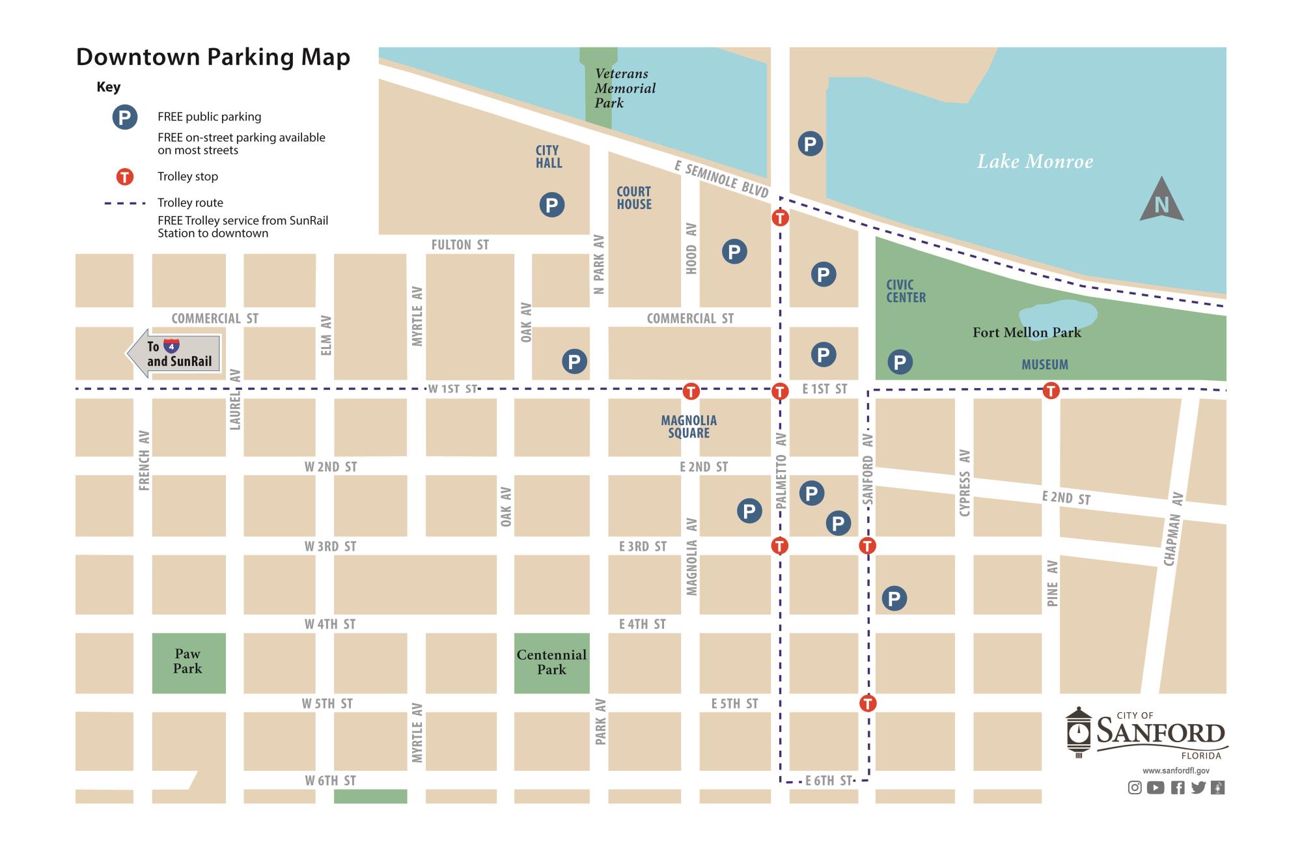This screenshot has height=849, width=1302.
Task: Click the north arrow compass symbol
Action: click(x=1161, y=201)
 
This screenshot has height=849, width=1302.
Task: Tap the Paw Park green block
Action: click(x=189, y=662)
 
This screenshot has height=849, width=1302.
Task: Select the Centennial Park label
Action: click(x=551, y=662)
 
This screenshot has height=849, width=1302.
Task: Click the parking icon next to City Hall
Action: click(x=551, y=205)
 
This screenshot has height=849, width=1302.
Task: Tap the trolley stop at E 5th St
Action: click(x=867, y=703)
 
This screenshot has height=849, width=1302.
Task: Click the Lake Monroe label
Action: click(x=1035, y=161)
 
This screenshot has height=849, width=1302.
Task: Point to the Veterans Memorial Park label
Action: click(x=624, y=89)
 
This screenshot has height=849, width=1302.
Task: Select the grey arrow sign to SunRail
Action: click(x=174, y=354)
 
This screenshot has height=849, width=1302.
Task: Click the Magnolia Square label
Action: click(x=689, y=426)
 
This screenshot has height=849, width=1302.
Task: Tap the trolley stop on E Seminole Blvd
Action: click(x=780, y=217)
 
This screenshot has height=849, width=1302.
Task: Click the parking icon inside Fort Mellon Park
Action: click(x=900, y=362)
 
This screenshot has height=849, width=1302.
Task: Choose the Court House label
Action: click(x=634, y=198)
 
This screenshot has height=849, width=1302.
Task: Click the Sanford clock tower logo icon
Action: click(x=1078, y=732)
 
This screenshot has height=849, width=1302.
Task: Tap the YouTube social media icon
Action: click(x=1156, y=788)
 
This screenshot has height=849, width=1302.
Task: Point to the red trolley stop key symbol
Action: click(x=124, y=176)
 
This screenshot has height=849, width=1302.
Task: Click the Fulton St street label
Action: click(x=460, y=245)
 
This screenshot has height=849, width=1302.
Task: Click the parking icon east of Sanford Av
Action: click(x=894, y=598)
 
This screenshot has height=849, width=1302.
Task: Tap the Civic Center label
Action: click(x=906, y=291)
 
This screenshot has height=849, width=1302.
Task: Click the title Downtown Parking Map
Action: click(x=213, y=57)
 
